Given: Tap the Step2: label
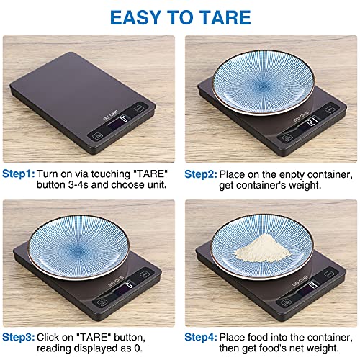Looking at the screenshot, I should (x=200, y=174).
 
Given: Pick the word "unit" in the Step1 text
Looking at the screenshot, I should (x=156, y=184).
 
